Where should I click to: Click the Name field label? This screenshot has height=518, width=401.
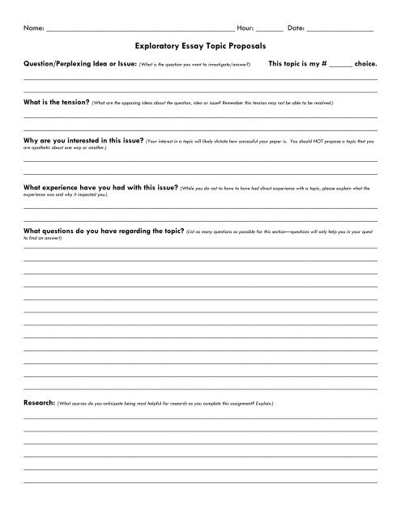[x=33, y=28]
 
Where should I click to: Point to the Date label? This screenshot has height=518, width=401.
[x=296, y=28]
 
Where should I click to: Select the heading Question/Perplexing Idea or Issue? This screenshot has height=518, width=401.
[x=81, y=62]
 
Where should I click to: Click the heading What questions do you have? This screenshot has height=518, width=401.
[x=103, y=230]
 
